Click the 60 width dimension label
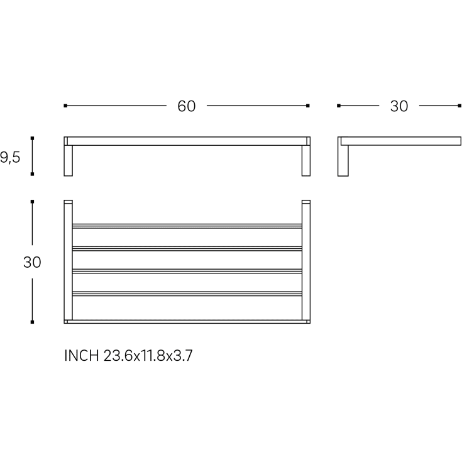[186, 106]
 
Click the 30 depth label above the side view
[399, 106]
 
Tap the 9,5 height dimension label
[10, 157]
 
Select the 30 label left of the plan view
[32, 262]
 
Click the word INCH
[82, 356]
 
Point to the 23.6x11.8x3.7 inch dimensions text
[148, 356]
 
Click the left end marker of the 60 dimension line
[65, 106]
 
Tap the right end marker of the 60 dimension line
[308, 106]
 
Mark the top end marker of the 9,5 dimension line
[33, 138]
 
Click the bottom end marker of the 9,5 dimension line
[33, 174]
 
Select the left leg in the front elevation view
[68, 160]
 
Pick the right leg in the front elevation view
[306, 160]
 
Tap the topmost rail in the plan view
[187, 226]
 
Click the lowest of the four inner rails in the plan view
[187, 294]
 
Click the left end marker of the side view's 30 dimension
[339, 106]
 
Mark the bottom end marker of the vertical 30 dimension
[33, 322]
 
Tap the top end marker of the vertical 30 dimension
[33, 202]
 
